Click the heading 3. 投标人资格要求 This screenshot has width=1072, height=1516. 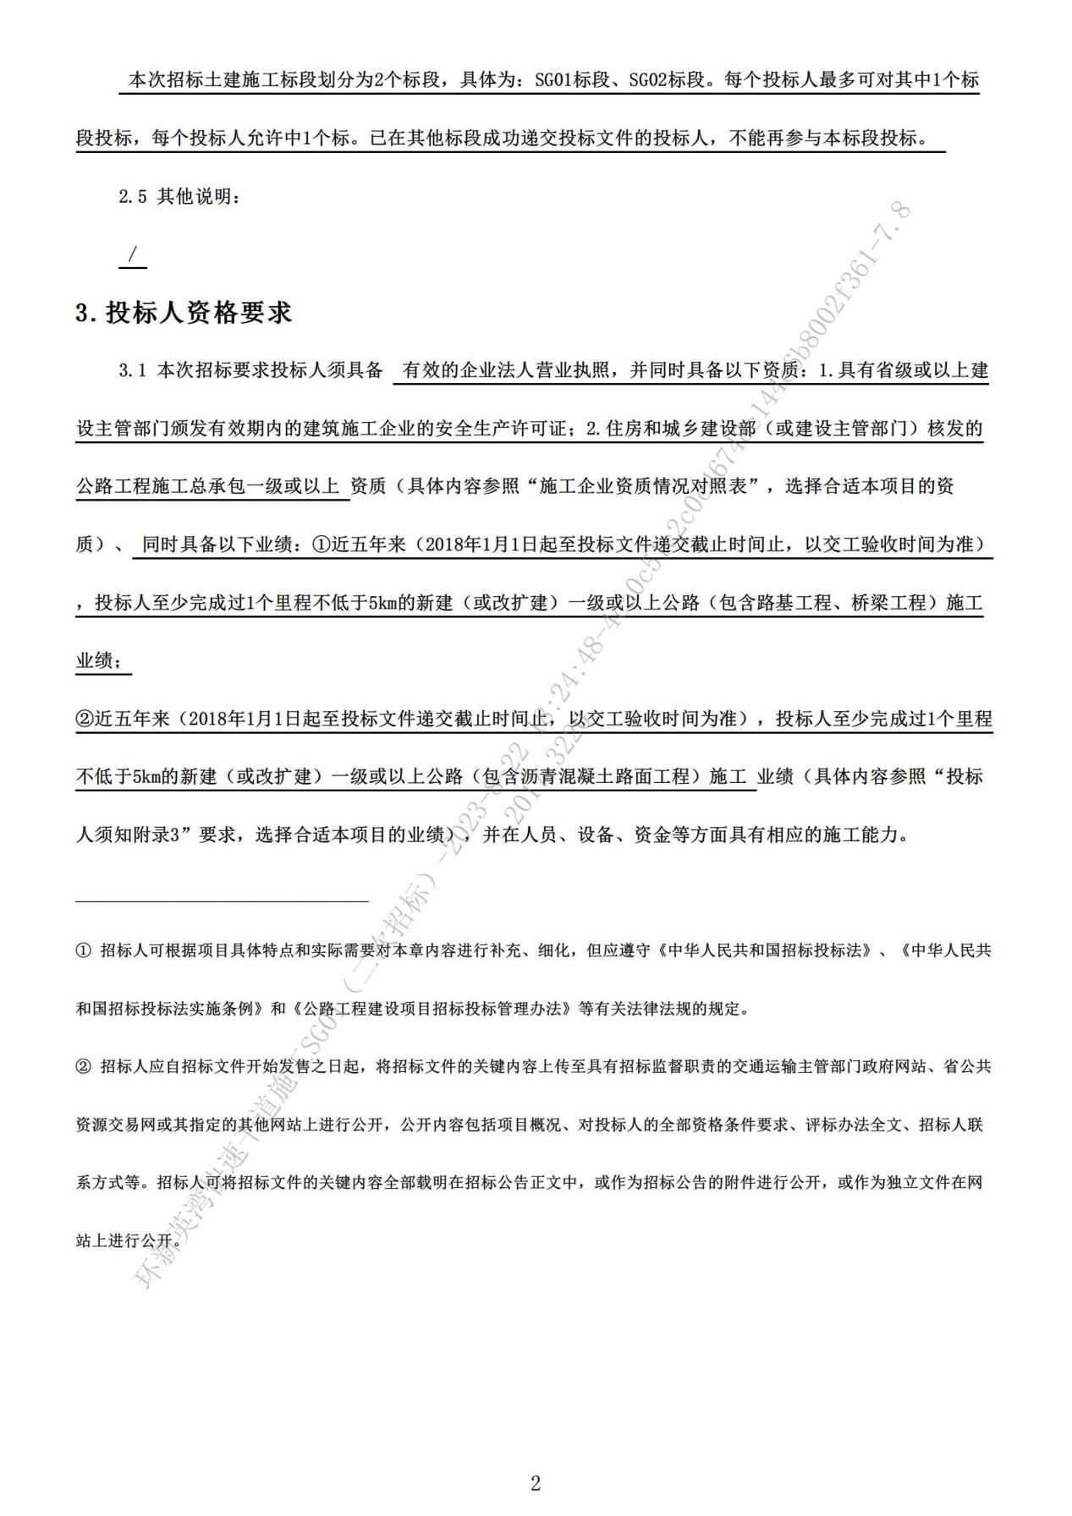coord(184,313)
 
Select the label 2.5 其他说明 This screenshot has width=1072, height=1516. coord(179,197)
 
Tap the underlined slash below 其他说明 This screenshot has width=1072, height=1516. coord(132,254)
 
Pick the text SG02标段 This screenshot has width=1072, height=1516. coord(665,80)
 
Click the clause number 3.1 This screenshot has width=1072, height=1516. coord(133,370)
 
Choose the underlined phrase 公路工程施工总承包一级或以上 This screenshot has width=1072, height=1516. coord(209,486)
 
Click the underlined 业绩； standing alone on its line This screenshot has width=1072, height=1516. coord(103,660)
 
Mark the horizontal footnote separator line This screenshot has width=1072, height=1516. coord(222,901)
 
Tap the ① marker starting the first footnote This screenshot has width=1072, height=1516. coord(83,950)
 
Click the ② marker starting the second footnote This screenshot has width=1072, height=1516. coord(83,1066)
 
